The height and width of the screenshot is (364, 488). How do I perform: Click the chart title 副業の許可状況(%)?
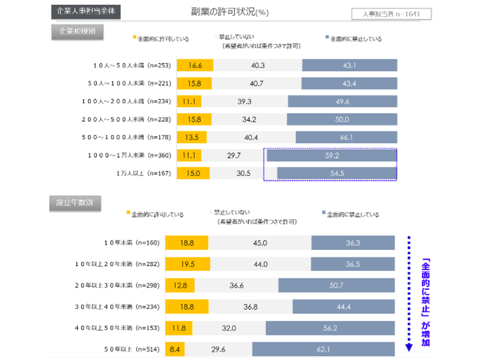(x=230, y=12)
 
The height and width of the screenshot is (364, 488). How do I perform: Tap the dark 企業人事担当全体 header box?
(x=86, y=12)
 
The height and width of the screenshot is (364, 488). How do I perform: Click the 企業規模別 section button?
(x=77, y=31)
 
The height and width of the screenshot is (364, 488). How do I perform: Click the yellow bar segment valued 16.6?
(x=195, y=65)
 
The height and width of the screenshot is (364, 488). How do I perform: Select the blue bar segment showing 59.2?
(x=331, y=155)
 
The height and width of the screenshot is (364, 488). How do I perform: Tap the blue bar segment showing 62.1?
(x=323, y=349)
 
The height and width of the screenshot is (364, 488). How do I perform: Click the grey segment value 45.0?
(x=260, y=243)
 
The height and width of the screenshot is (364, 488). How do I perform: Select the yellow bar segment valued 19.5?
(x=187, y=264)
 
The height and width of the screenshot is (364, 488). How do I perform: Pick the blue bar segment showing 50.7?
(x=336, y=285)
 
